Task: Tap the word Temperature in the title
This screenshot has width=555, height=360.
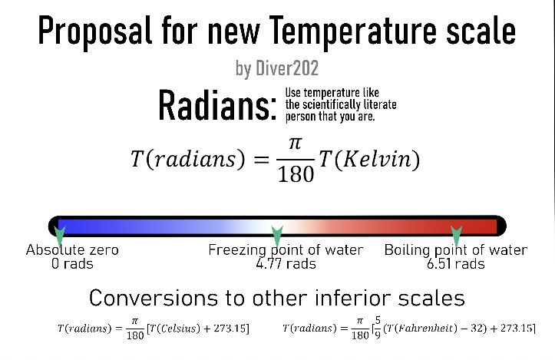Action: coord(348,31)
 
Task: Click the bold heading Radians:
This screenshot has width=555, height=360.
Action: coord(217,105)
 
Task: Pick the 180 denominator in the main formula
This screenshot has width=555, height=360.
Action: coord(296,174)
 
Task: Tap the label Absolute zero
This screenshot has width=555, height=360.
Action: coord(72,250)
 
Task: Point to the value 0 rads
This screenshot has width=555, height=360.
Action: coord(72,264)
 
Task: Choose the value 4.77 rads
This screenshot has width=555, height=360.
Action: coord(286,264)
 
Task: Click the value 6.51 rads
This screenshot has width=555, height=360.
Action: coord(455,264)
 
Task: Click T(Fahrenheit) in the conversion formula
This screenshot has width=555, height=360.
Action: coord(408,329)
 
